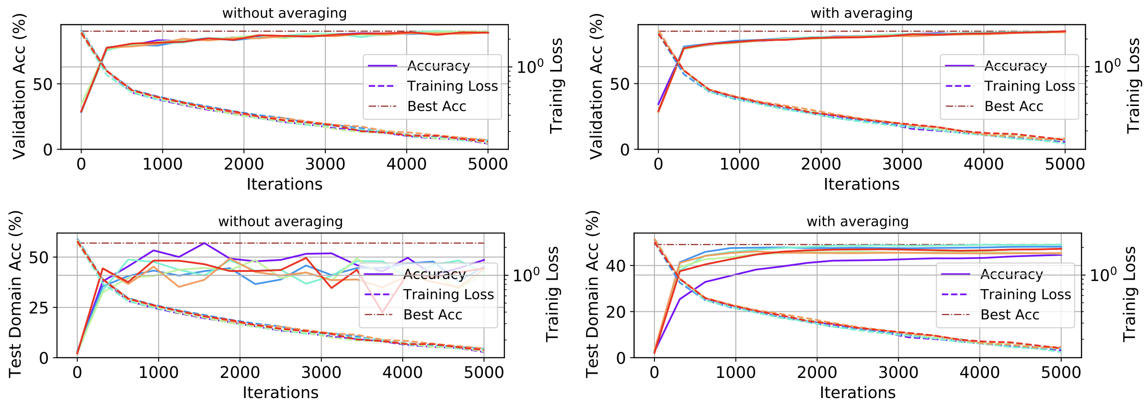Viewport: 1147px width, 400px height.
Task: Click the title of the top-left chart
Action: tap(284, 13)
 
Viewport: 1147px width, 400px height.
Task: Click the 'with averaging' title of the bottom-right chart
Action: tap(858, 222)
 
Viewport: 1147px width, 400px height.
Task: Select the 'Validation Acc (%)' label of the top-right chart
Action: tap(596, 86)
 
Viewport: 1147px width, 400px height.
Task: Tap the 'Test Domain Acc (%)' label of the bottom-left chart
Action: tap(15, 294)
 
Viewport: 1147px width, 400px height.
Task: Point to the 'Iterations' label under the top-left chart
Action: tap(284, 184)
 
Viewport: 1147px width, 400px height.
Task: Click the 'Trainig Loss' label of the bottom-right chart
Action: tap(1129, 294)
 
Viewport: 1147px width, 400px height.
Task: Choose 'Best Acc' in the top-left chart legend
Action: tap(436, 106)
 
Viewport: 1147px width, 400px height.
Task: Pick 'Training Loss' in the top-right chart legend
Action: tap(1030, 86)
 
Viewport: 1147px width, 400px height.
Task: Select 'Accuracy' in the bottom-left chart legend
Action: tap(435, 274)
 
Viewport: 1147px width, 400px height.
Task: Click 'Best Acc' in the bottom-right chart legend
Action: tap(1010, 315)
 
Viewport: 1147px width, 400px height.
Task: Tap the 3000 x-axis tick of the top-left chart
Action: tap(325, 164)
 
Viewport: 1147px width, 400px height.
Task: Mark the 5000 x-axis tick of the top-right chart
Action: tap(1065, 164)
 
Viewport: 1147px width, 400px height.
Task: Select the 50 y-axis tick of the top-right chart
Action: tap(619, 84)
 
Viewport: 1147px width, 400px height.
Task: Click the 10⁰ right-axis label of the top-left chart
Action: tap(530, 66)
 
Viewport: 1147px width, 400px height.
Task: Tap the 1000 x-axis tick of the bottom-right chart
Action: tap(735, 372)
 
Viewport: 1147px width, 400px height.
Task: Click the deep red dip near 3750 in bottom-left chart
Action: tap(382, 312)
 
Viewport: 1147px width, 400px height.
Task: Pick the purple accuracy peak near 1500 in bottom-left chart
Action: tap(205, 243)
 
